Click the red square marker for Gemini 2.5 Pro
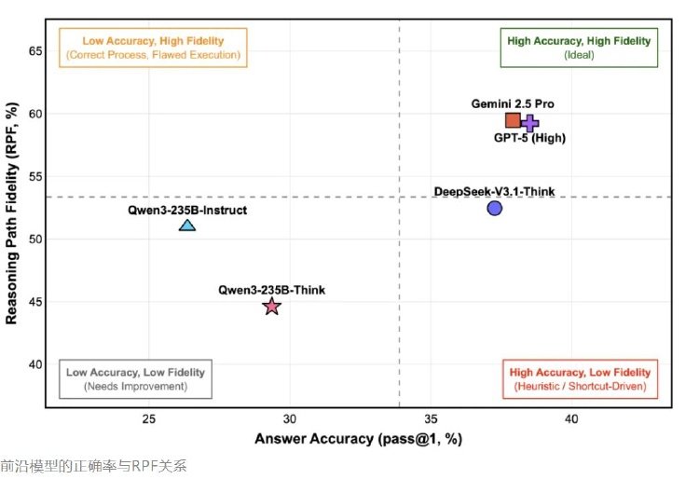point(513,120)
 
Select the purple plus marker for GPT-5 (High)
point(530,123)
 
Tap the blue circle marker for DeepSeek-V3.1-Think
point(494,208)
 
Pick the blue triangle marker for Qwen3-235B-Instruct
point(187,225)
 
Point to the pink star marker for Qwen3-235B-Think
point(271,307)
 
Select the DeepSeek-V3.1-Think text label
point(494,192)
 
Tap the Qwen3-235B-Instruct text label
point(187,211)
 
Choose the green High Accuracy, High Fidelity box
point(579,48)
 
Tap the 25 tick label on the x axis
point(149,419)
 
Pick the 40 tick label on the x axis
point(571,419)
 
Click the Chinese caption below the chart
point(93,465)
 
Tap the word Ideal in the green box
point(579,55)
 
